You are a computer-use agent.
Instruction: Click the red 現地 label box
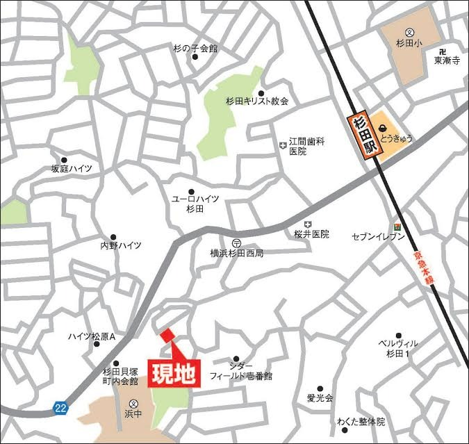click(x=174, y=373)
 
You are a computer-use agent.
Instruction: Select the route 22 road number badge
click(x=61, y=408)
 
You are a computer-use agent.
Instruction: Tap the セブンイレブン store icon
click(x=397, y=226)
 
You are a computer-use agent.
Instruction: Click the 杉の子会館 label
click(x=195, y=49)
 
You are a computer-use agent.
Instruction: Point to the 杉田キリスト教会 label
click(x=256, y=101)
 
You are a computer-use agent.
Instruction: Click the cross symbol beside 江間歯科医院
click(x=282, y=145)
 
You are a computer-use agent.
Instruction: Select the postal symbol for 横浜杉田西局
click(x=237, y=242)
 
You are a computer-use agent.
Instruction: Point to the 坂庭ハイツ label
click(x=61, y=169)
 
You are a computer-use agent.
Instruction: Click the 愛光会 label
click(x=320, y=399)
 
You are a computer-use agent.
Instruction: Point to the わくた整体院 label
click(x=361, y=422)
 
